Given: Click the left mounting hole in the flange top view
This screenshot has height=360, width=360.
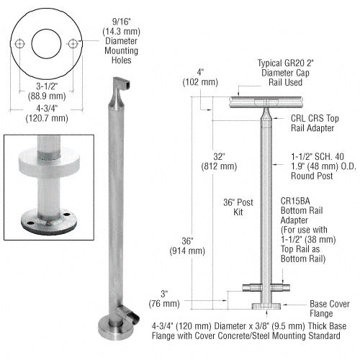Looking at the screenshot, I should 22,44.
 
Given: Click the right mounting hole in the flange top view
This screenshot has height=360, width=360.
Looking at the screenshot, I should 73,44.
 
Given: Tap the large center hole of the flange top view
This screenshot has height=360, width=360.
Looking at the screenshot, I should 48,44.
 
